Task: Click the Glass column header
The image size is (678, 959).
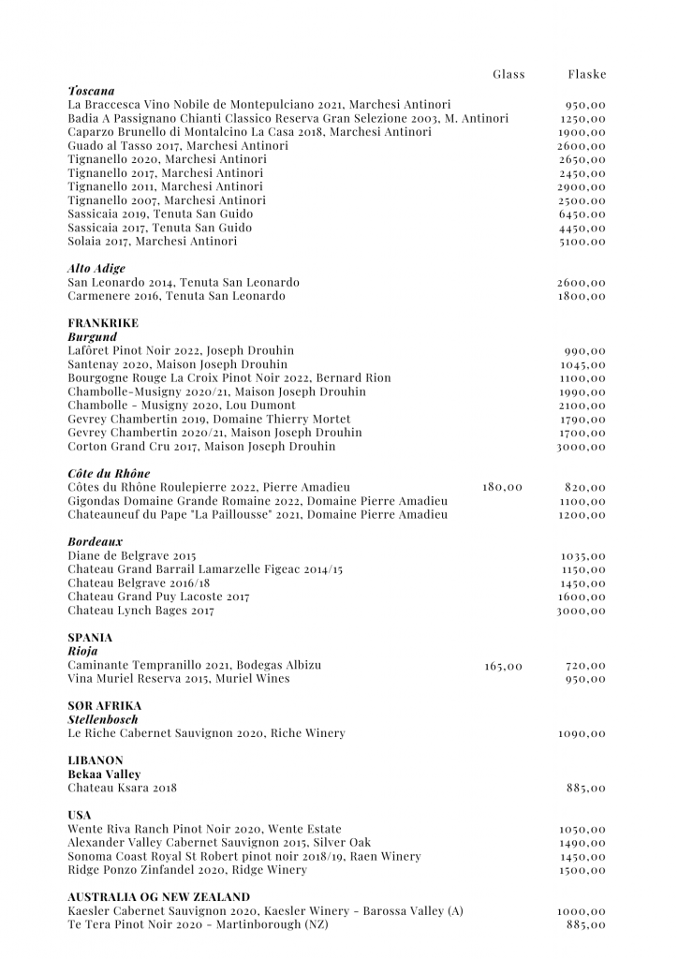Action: point(508,74)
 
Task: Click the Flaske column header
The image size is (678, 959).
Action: point(587,74)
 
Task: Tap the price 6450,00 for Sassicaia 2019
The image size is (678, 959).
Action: point(582,214)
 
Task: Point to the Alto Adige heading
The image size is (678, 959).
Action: point(96,269)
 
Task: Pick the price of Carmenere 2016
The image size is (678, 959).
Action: point(582,296)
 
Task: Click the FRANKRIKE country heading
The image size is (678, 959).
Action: point(103,323)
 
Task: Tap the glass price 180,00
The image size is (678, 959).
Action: point(503,488)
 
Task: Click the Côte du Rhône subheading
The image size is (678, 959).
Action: point(109,474)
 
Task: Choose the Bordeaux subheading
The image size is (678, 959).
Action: point(96,542)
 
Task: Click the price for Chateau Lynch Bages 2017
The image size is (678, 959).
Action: point(582,611)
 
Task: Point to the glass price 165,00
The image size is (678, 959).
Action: point(504,666)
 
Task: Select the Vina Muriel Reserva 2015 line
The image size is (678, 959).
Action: point(179,678)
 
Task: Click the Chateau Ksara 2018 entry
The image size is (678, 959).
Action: point(122,788)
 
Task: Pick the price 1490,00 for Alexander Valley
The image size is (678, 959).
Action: point(582,843)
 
